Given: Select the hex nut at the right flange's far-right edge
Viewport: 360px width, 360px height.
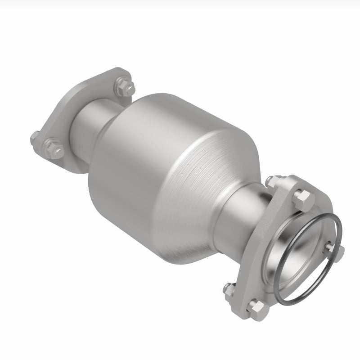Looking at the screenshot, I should click(x=338, y=250).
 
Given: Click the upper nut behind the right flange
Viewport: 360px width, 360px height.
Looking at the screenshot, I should click(x=271, y=181).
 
